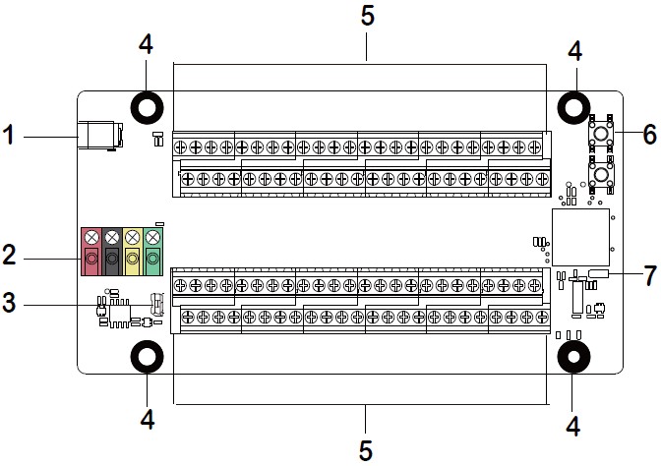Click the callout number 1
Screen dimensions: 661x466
[x=9, y=136]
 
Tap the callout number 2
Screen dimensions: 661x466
[x=9, y=255]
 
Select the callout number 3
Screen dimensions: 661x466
[x=9, y=302]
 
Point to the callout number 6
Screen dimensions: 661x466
[x=649, y=135]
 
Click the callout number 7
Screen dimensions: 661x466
[x=650, y=275]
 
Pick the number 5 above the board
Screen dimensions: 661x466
[x=367, y=16]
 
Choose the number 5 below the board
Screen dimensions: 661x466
[x=366, y=450]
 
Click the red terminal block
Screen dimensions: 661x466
[x=91, y=252]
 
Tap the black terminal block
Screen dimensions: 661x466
[x=112, y=252]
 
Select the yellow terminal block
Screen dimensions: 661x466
[x=133, y=252]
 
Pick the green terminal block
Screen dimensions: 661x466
[x=153, y=252]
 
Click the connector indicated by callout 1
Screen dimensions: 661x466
[x=100, y=136]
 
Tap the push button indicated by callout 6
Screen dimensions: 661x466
[x=601, y=133]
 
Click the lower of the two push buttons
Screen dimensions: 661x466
[x=601, y=174]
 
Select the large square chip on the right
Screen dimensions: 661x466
[x=580, y=237]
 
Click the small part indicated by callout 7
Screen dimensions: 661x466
[x=599, y=273]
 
